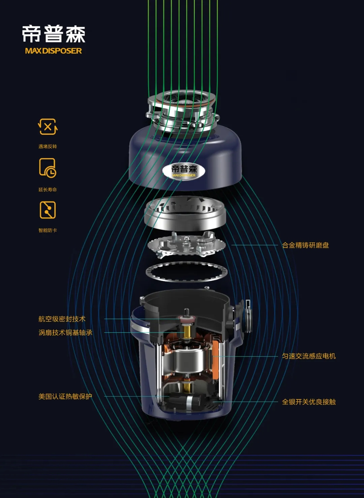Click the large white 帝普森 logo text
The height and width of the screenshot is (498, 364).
[54, 34]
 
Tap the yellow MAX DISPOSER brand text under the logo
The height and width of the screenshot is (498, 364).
[54, 51]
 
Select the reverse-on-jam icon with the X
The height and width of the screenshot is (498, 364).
[48, 127]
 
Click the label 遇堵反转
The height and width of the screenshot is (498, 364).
[48, 146]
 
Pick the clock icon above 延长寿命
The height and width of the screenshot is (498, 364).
[48, 168]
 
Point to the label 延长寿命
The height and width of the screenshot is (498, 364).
[48, 189]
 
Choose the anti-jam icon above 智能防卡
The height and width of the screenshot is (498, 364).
[48, 210]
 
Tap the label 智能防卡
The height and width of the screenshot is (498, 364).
[48, 230]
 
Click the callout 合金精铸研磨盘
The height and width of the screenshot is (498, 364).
[305, 245]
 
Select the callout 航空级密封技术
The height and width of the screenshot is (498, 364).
[62, 319]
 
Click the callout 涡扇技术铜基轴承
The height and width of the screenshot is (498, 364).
[65, 333]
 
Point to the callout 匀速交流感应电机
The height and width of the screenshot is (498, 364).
[309, 356]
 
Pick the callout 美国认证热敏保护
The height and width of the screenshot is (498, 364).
[65, 396]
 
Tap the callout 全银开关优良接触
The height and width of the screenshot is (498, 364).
[309, 402]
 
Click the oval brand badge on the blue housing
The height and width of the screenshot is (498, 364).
[184, 171]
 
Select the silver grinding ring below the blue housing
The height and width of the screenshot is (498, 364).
[185, 213]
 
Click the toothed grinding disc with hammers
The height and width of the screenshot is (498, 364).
[186, 244]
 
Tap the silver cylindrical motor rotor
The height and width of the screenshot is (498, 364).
[188, 360]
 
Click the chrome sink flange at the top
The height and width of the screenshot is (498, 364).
[182, 109]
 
